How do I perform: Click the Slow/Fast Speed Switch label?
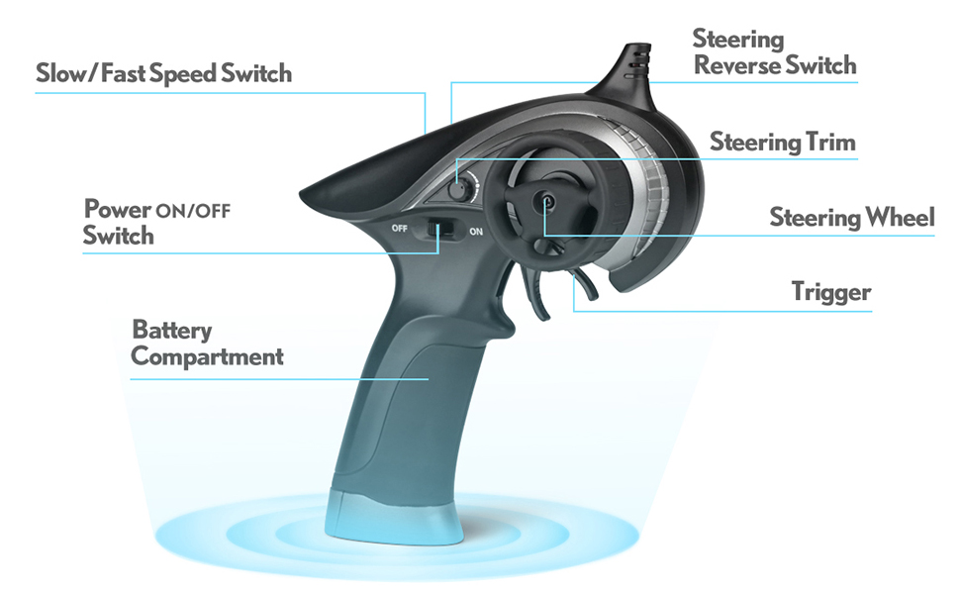click(x=163, y=73)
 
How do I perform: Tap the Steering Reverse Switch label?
click(x=774, y=52)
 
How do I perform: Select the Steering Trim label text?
click(x=782, y=143)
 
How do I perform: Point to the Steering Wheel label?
click(x=851, y=217)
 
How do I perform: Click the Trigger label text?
click(x=831, y=291)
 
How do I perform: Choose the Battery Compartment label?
click(x=207, y=343)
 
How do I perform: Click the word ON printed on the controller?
click(x=476, y=233)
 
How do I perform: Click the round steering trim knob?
click(x=456, y=186)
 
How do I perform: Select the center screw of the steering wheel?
click(x=545, y=201)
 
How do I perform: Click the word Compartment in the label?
click(x=207, y=356)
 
